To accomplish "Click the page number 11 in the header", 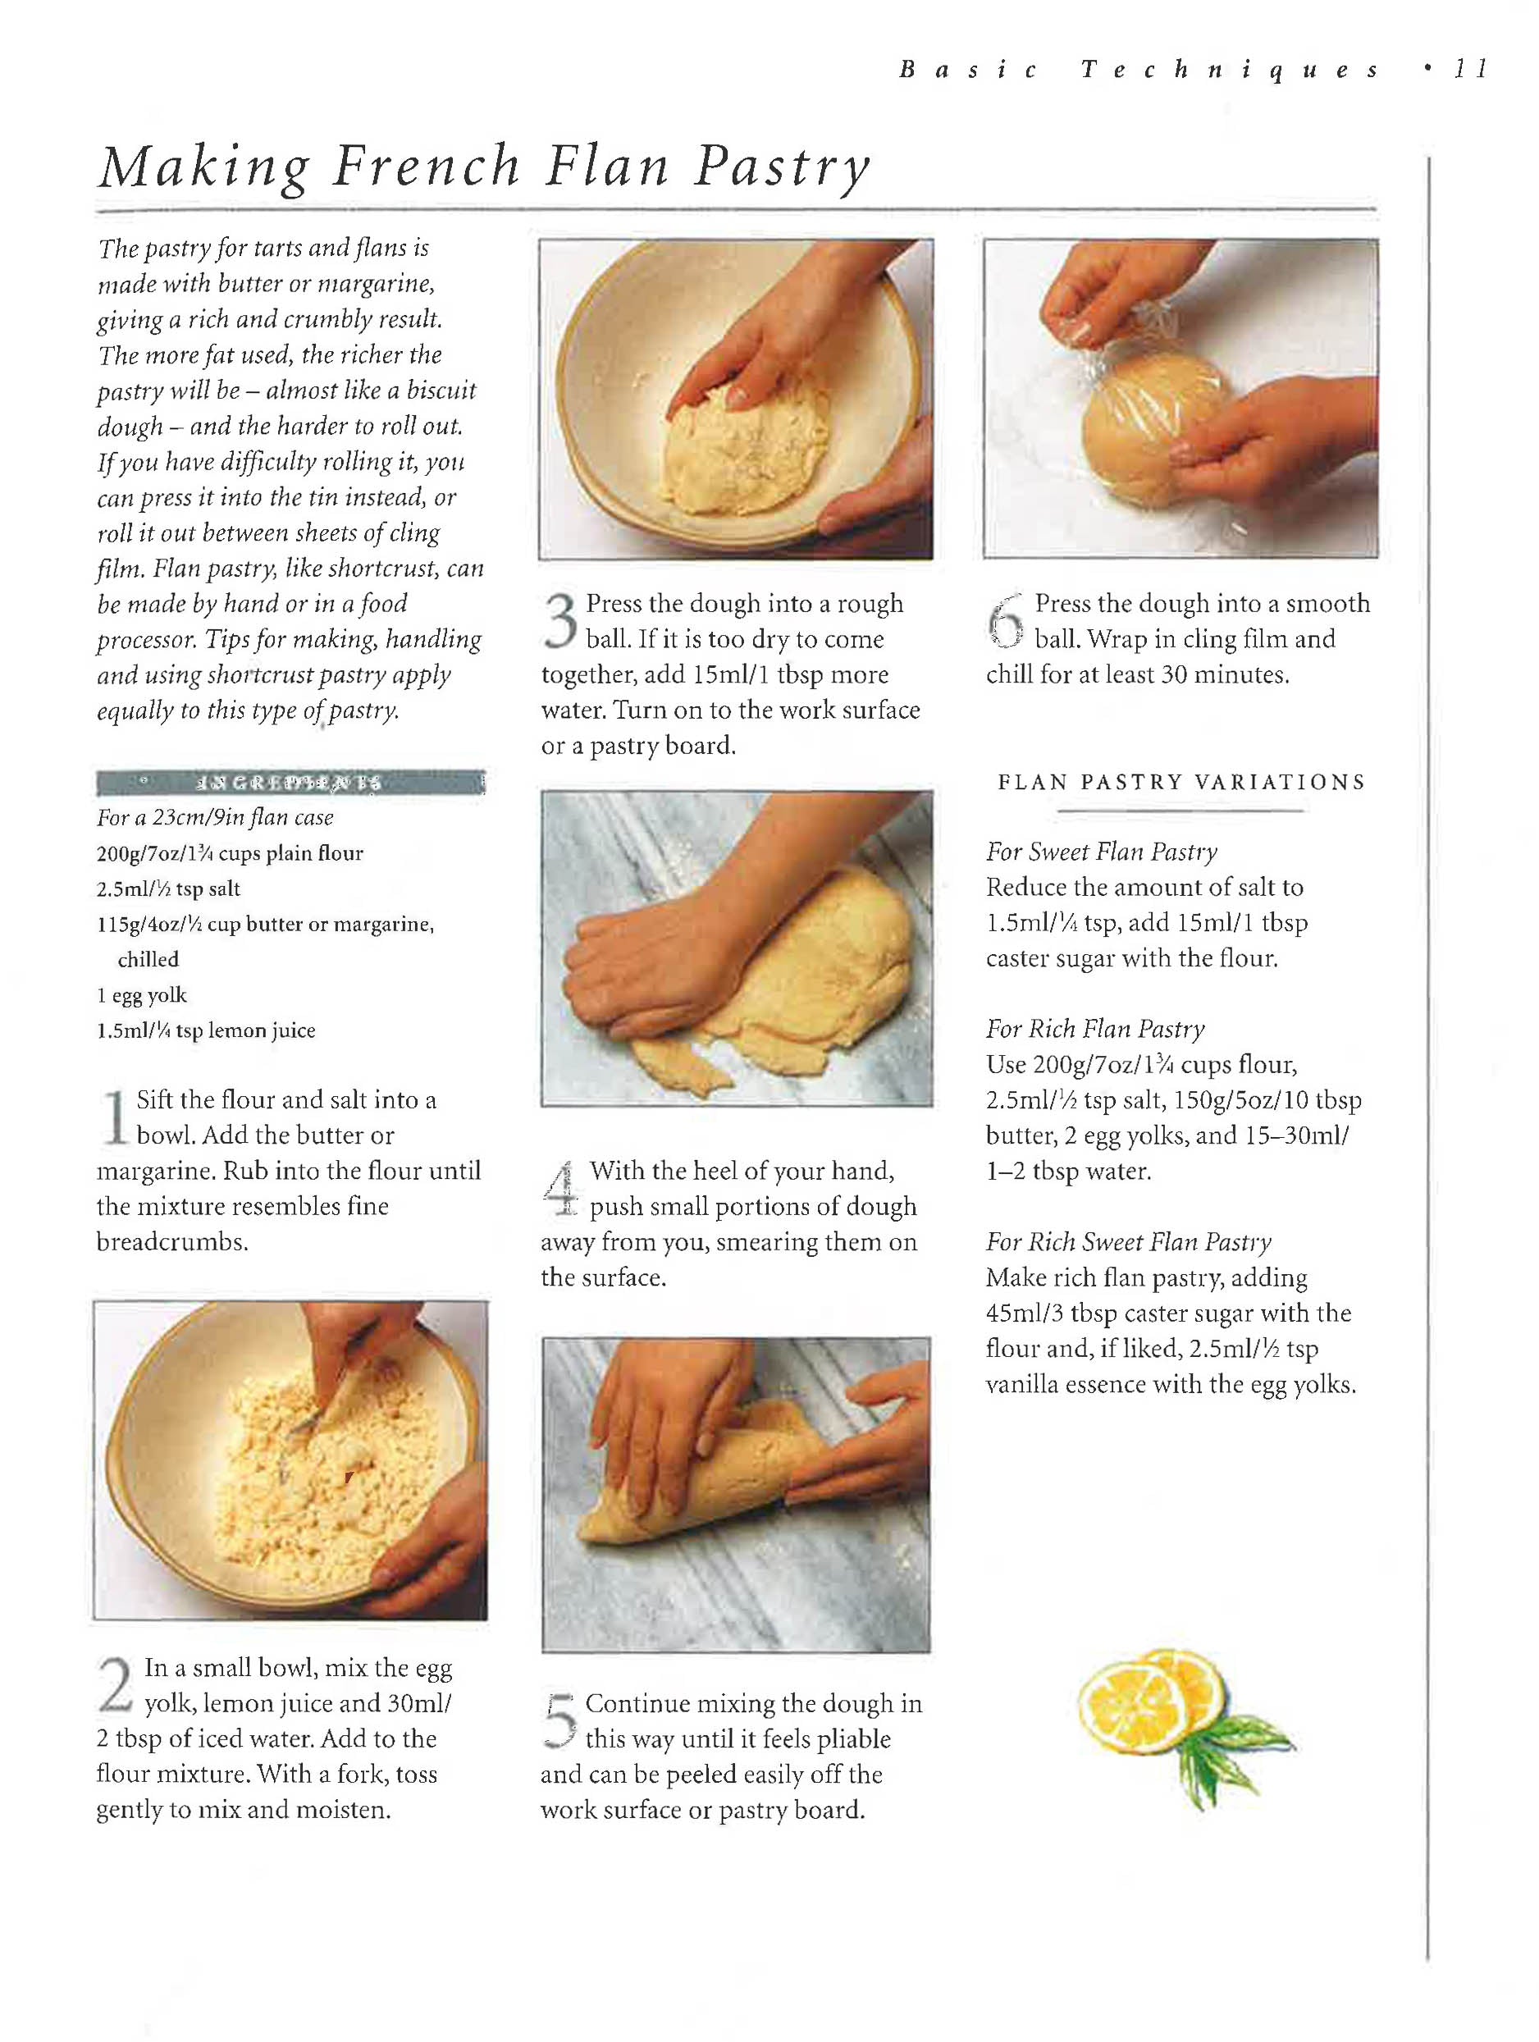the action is coord(1471,69).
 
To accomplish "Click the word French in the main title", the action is coord(427,167).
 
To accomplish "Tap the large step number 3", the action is coord(559,619).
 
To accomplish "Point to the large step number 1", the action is coord(115,1118).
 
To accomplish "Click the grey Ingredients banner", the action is coord(290,783).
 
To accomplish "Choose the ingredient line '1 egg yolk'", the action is coord(141,995).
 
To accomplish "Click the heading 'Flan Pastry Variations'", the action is coord(1181,782).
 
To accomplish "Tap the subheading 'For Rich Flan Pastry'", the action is coord(1095,1029).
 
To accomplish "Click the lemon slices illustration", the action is coord(1152,1701).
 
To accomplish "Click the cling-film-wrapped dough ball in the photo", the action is coord(1158,426).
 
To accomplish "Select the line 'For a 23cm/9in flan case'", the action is coord(215,817).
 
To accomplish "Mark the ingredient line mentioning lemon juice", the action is coord(206,1030).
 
